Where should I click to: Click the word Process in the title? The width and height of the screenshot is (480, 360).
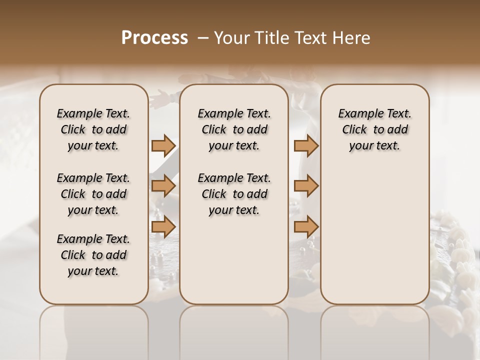point(154,38)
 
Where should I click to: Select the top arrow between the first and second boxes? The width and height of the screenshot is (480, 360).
point(163,145)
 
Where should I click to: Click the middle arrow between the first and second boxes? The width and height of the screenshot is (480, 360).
point(163,186)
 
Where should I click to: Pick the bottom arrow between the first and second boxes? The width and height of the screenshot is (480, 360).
point(163,226)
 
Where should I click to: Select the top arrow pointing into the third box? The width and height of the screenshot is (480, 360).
point(306,145)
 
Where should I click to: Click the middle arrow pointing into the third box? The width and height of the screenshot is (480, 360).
point(306,186)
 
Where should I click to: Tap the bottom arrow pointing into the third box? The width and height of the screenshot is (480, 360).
point(306,226)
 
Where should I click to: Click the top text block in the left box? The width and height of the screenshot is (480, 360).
point(93,129)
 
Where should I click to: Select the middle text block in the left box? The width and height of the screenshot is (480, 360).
point(93,194)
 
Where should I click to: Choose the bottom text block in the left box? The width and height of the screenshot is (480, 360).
point(93,255)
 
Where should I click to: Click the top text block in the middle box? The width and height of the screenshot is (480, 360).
point(234,129)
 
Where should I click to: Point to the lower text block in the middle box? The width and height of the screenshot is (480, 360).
point(234,194)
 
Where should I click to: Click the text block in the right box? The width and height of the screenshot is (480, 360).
point(375,129)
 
